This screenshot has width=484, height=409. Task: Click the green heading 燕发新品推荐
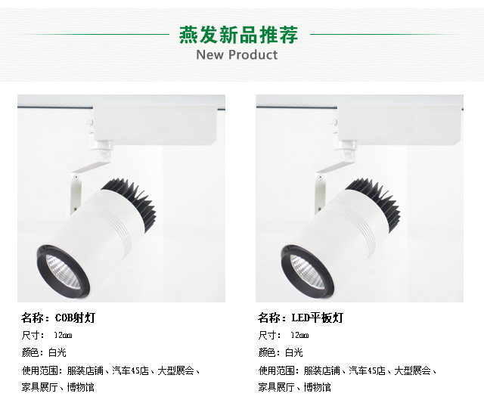[x=239, y=35]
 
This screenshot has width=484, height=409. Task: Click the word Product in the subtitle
[x=253, y=54]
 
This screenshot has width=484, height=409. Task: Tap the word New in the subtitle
[x=210, y=54]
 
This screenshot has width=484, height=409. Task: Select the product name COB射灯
[x=75, y=318]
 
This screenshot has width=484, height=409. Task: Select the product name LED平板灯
[x=318, y=318]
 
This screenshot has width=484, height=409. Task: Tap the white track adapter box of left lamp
[x=154, y=125]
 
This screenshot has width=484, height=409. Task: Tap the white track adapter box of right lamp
[x=399, y=125]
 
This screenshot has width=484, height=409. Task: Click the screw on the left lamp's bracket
[x=76, y=177]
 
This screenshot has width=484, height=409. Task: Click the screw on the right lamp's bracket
[x=321, y=177]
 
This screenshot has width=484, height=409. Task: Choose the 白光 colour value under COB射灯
[x=57, y=352]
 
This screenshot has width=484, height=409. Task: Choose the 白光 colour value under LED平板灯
[x=294, y=352]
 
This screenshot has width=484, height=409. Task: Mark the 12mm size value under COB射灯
[x=63, y=335]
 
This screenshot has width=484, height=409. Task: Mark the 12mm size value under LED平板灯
[x=299, y=335]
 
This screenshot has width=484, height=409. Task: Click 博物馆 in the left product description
[x=81, y=387]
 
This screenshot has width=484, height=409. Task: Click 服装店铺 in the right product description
[x=321, y=370]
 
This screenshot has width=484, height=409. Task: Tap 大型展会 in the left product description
[x=175, y=370]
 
